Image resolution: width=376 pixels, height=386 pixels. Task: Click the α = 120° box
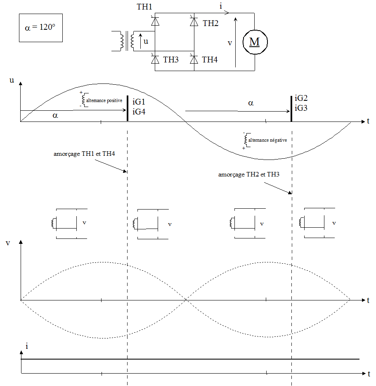pyautogui.click(x=40, y=28)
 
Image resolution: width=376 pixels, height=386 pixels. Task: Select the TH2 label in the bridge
pyautogui.click(x=210, y=23)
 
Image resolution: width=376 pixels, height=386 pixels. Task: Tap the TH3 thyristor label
pyautogui.click(x=170, y=60)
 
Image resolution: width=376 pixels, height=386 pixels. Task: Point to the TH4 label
pyautogui.click(x=210, y=60)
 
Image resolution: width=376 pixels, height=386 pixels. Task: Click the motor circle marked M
pyautogui.click(x=255, y=42)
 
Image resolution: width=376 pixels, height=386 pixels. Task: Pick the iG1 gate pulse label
pyautogui.click(x=139, y=102)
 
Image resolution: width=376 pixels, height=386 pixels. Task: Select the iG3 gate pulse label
pyautogui.click(x=301, y=108)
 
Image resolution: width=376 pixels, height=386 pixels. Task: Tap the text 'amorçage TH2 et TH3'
pyautogui.click(x=249, y=174)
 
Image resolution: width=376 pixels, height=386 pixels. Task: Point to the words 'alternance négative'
pyautogui.click(x=267, y=140)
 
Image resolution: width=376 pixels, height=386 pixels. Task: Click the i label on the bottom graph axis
pyautogui.click(x=27, y=346)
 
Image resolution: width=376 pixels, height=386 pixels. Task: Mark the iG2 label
pyautogui.click(x=301, y=99)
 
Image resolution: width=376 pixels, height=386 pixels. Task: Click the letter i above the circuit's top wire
pyautogui.click(x=222, y=6)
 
